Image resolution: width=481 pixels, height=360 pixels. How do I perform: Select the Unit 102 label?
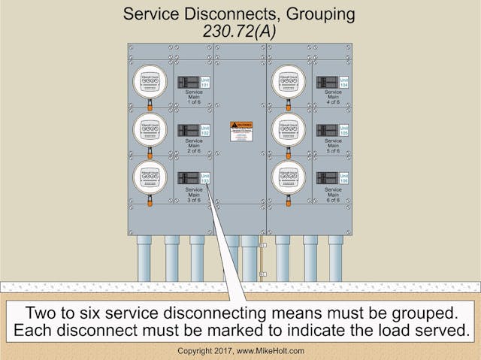point(205,131)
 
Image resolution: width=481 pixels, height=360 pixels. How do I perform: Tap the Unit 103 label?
point(205,179)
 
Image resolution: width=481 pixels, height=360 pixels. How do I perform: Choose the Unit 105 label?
point(344,131)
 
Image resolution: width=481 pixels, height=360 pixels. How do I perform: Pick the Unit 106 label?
point(344,179)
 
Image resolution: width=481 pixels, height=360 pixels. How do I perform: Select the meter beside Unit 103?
point(150,177)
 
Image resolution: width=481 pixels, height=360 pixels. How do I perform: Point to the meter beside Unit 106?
point(289,177)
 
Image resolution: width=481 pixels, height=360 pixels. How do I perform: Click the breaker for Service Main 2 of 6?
point(188,130)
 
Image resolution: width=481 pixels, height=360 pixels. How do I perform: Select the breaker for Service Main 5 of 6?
point(327,130)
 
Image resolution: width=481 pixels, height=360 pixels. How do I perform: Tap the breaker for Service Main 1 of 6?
point(188,81)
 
